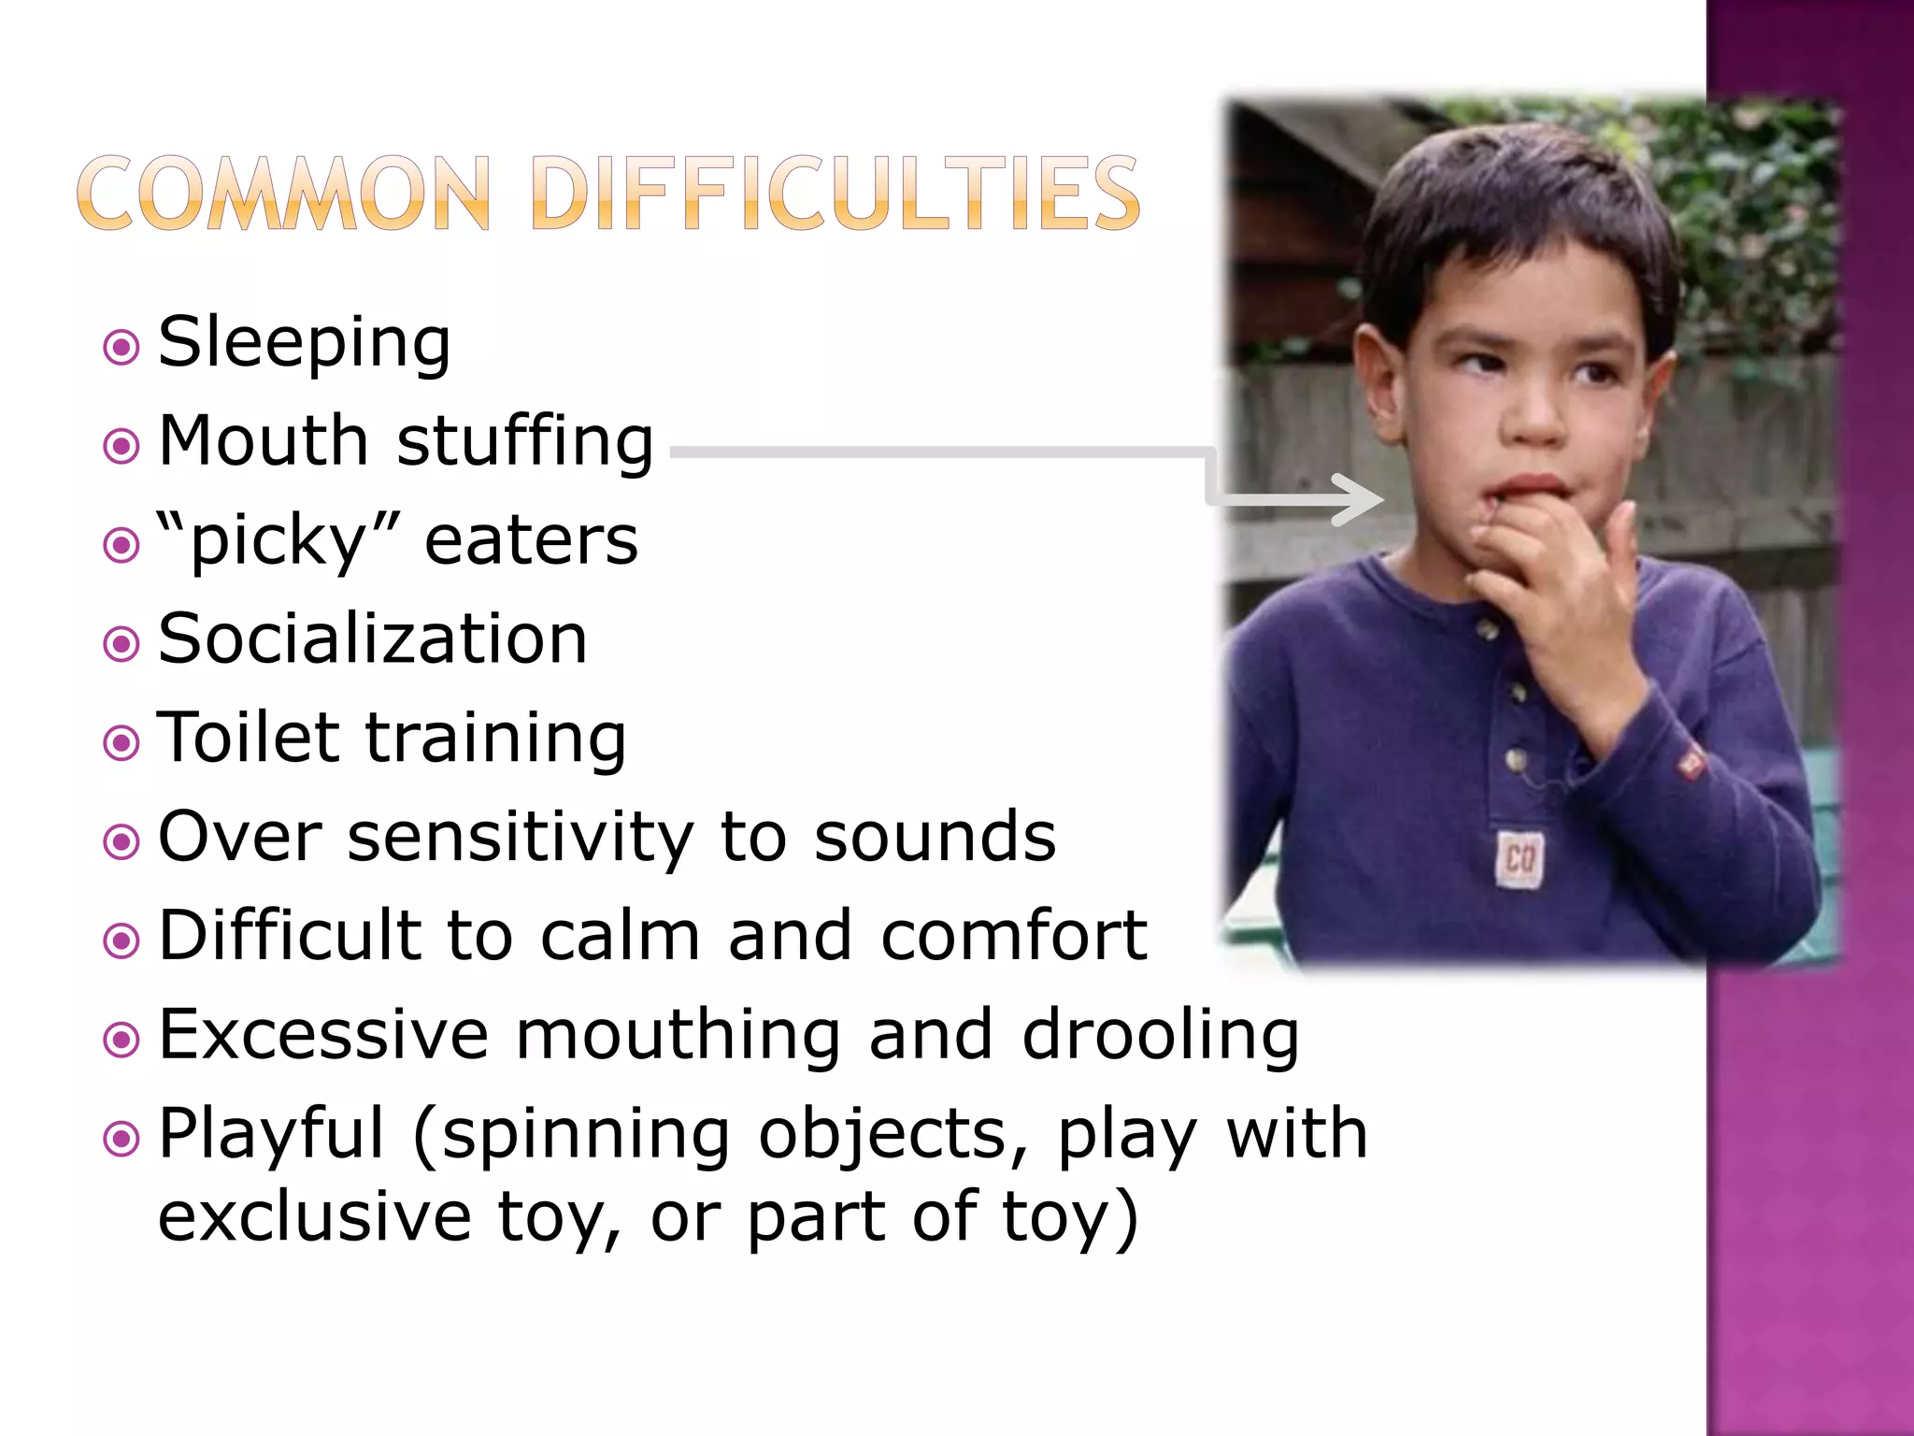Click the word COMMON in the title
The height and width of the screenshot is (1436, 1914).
(x=283, y=194)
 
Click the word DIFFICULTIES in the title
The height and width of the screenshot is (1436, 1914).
(x=835, y=194)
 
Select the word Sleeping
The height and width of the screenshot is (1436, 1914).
(x=305, y=343)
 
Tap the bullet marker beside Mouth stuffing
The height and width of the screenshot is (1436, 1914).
(x=121, y=446)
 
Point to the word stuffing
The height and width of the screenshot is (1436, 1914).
(x=524, y=441)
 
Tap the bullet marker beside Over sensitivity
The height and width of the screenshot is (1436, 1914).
(x=121, y=841)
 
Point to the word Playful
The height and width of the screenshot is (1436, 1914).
(x=271, y=1135)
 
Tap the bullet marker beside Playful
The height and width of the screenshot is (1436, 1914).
(x=121, y=1139)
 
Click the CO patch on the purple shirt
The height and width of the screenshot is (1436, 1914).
(x=1520, y=858)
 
